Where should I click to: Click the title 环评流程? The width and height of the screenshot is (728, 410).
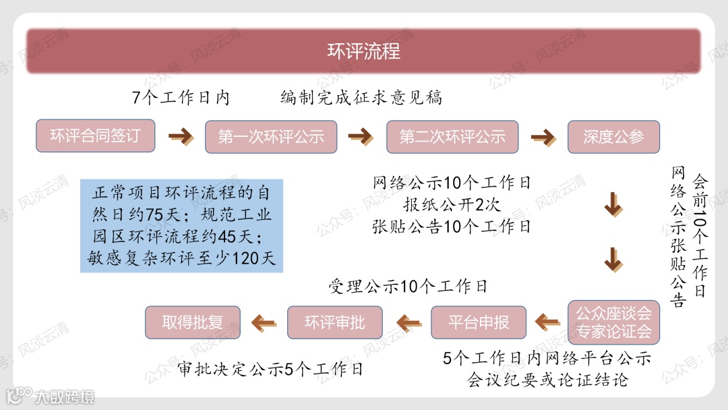tap(363, 51)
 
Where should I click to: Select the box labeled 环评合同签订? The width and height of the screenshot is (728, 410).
tap(95, 136)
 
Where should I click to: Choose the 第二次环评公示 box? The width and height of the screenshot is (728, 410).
tap(452, 137)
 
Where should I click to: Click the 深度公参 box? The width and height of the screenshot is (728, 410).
tap(613, 137)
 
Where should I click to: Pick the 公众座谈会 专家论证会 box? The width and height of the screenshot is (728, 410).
tap(613, 322)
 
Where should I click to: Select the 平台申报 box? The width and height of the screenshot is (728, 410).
tap(479, 322)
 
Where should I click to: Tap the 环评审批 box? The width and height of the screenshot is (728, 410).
tap(334, 322)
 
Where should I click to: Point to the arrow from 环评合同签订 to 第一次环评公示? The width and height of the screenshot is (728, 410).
tap(181, 137)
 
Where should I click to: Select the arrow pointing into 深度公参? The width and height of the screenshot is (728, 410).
tap(543, 137)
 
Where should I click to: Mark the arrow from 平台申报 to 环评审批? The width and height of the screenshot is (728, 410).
tap(407, 323)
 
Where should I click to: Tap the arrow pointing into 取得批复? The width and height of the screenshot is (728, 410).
tap(264, 323)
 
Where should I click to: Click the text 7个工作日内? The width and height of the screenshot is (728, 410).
tap(181, 98)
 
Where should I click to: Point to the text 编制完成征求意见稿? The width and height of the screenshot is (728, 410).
tap(361, 98)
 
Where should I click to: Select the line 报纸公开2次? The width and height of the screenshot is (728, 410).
tap(452, 204)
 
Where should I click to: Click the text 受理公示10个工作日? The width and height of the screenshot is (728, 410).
tap(408, 287)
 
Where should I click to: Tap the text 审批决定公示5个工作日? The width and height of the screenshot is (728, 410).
tap(270, 369)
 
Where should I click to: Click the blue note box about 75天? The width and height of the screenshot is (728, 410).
tap(181, 225)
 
